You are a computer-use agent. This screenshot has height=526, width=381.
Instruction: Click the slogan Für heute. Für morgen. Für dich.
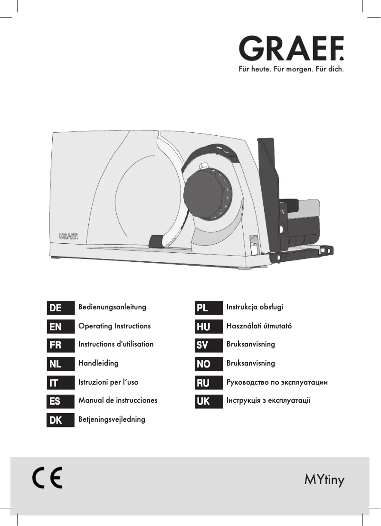click(291, 69)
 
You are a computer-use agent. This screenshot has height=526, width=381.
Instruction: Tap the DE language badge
click(60, 308)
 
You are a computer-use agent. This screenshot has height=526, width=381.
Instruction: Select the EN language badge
click(60, 327)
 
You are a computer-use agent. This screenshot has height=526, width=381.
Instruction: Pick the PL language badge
click(209, 308)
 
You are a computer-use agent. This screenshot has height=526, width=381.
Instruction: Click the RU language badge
click(209, 383)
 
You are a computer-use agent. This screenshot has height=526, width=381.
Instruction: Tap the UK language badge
click(209, 401)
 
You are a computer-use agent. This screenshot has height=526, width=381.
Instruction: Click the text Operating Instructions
click(114, 326)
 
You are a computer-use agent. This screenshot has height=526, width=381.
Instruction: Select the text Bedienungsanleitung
click(112, 307)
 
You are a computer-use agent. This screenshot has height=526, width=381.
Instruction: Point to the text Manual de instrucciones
click(118, 400)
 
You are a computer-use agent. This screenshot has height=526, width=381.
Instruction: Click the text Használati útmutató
click(259, 326)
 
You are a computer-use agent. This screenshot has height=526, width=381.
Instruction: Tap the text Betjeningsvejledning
click(112, 419)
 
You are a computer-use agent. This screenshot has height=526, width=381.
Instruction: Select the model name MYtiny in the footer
click(324, 479)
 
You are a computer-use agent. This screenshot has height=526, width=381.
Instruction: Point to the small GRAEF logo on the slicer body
click(68, 236)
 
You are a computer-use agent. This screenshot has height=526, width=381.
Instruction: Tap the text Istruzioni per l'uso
click(108, 382)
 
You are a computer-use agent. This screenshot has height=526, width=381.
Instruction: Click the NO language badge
click(209, 364)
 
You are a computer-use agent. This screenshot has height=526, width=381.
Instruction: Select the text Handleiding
click(98, 363)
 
